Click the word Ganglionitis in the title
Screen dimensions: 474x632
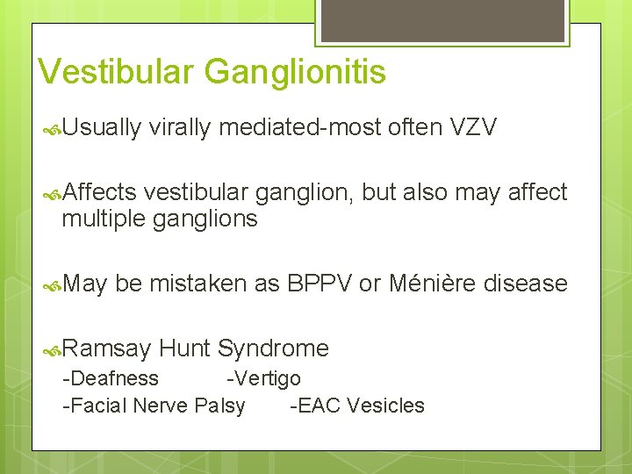295,72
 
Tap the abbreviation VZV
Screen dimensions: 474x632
473,128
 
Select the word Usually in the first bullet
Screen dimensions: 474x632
101,128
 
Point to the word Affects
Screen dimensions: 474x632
99,192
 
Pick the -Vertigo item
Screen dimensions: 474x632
263,378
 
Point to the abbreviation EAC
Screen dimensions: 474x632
320,406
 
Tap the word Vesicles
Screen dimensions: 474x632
385,406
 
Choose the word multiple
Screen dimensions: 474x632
104,218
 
